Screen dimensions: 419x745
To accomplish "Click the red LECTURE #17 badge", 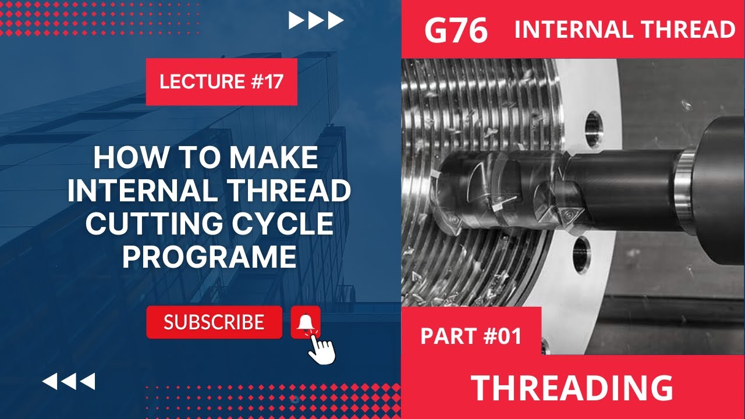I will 221,81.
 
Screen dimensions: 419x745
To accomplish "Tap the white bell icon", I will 306,322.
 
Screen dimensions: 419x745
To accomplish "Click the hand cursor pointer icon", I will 321,349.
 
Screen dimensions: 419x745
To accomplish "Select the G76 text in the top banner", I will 456,30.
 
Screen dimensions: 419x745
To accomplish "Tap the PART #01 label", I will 470,336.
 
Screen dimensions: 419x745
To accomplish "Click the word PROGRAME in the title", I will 209,257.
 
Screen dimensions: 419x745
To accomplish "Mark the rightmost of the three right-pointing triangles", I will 335,21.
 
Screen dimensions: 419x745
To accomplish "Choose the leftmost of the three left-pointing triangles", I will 50,382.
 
